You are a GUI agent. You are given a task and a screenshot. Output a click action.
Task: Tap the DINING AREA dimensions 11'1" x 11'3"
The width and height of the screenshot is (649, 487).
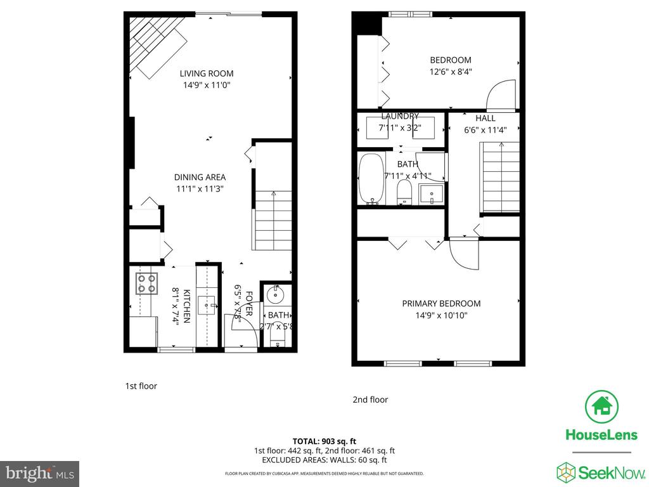point(200,189)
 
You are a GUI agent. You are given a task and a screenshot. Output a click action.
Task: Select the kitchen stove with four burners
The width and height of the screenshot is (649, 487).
point(146,283)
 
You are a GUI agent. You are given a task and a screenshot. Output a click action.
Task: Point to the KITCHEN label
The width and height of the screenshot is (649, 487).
point(187,306)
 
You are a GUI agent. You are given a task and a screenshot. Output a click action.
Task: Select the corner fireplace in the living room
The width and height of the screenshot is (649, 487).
point(155,44)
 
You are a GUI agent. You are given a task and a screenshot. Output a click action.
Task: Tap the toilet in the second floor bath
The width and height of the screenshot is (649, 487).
point(404,191)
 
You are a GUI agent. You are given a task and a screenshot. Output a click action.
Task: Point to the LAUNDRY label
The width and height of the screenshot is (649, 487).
point(400,117)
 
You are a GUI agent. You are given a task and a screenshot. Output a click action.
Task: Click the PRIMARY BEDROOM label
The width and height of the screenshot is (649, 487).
point(441,304)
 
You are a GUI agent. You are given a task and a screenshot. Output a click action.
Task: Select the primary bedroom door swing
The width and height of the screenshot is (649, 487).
point(463,255)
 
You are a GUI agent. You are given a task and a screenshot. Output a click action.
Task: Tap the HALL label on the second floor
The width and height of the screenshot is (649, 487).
point(485,119)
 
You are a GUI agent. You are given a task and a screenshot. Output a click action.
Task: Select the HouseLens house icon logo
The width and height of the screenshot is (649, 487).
point(601,407)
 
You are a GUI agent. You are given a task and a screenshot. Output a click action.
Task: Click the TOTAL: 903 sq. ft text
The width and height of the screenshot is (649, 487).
point(324,441)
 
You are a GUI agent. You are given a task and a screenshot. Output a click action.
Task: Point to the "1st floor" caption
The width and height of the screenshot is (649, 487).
point(141,386)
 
